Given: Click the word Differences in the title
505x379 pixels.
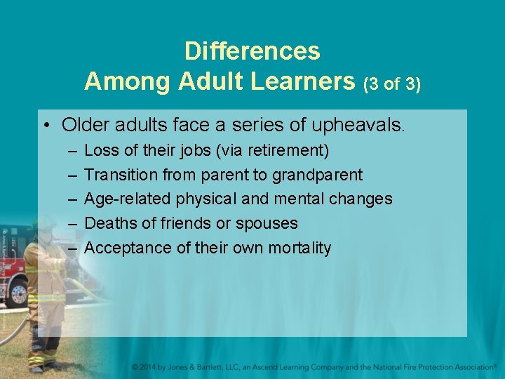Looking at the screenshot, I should tap(252, 51).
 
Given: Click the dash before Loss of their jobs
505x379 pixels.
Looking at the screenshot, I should tap(73, 150).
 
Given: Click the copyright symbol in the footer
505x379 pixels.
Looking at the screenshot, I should tap(135, 367).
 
